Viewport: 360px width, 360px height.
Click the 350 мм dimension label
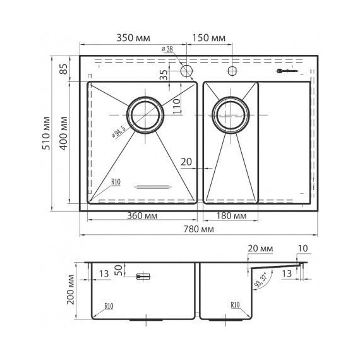[133, 39]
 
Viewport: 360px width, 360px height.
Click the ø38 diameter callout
[168, 49]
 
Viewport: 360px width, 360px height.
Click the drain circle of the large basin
[146, 115]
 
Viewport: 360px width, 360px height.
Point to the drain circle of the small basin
[229, 115]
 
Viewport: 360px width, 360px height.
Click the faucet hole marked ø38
[186, 71]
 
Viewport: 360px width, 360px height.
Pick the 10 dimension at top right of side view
[304, 249]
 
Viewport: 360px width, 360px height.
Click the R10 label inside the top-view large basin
[116, 182]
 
